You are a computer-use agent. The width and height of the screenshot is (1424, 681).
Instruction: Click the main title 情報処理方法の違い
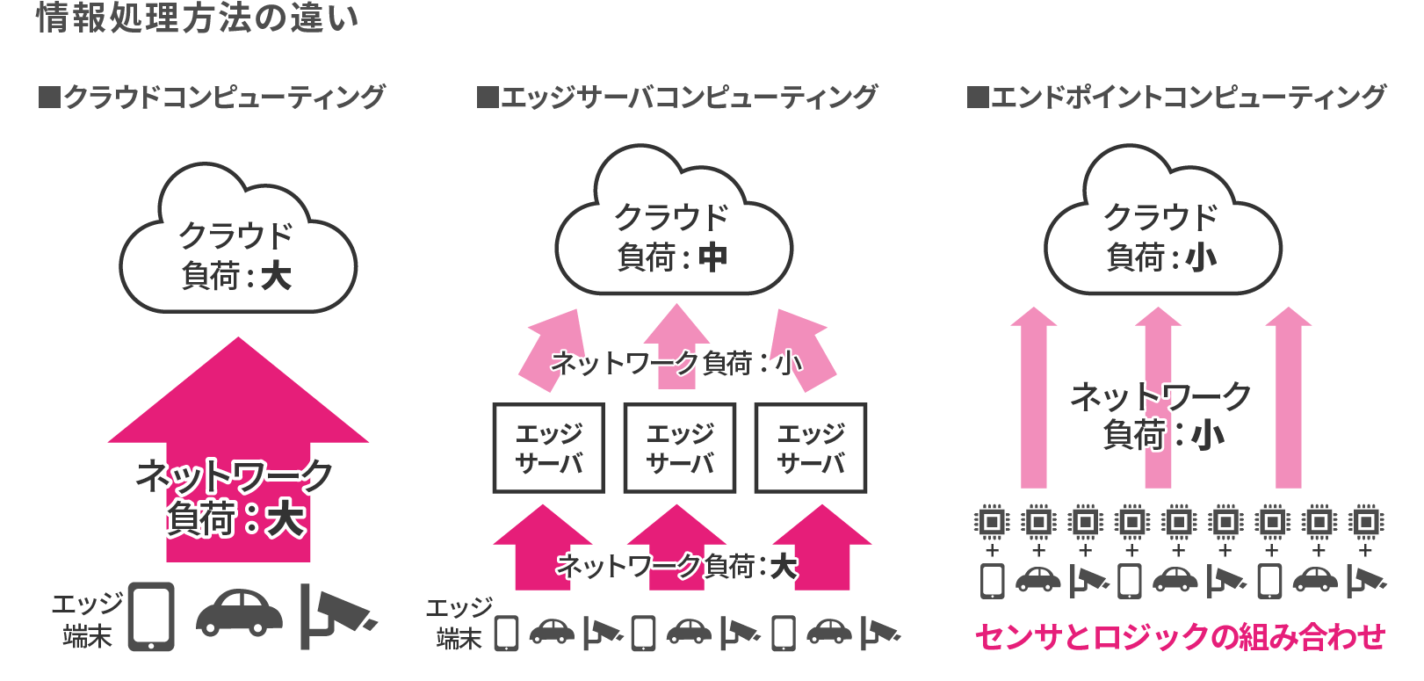click(x=197, y=18)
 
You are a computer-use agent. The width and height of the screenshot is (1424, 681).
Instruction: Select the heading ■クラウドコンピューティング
click(x=212, y=97)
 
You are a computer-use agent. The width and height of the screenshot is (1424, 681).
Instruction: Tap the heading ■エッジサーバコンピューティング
click(x=676, y=97)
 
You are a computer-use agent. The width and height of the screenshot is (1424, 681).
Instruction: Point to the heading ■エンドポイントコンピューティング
click(x=1176, y=97)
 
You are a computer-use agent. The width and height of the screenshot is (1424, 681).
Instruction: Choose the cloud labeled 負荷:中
click(x=673, y=228)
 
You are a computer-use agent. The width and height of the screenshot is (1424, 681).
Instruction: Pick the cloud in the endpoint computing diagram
click(x=1161, y=228)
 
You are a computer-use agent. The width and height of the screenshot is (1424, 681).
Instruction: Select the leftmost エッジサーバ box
click(x=548, y=448)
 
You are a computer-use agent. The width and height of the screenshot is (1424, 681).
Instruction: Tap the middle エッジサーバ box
click(x=679, y=448)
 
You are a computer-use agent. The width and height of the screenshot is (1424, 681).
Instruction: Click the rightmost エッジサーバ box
click(x=810, y=448)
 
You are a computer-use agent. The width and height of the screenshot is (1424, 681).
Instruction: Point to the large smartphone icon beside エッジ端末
click(x=151, y=616)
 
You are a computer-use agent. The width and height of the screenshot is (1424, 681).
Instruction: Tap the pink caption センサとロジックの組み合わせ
click(x=1180, y=636)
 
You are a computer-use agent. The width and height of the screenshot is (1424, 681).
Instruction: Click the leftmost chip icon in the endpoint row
click(x=992, y=522)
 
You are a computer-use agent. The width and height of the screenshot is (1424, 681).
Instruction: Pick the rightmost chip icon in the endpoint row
click(x=1365, y=522)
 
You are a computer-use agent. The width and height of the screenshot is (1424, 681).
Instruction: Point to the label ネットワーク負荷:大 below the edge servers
click(x=676, y=566)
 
